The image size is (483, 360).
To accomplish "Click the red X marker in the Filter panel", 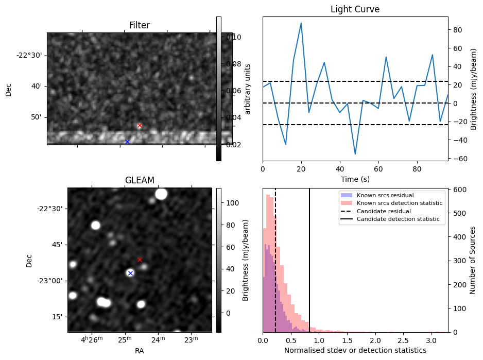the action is pyautogui.click(x=140, y=126).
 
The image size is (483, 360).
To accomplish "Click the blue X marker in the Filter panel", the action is pyautogui.click(x=127, y=142).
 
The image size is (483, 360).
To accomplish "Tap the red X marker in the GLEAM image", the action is pyautogui.click(x=140, y=260).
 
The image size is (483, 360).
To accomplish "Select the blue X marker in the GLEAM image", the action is pyautogui.click(x=130, y=273).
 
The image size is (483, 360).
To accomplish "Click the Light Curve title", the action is pyautogui.click(x=355, y=9).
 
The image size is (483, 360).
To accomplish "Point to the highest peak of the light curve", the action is pyautogui.click(x=301, y=23).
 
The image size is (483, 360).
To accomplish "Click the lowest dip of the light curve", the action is pyautogui.click(x=355, y=154).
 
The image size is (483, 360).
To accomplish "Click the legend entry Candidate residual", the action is pyautogui.click(x=384, y=211).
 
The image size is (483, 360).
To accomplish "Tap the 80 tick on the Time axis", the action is pyautogui.click(x=417, y=169).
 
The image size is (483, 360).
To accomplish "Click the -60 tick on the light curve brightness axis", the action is pyautogui.click(x=457, y=159).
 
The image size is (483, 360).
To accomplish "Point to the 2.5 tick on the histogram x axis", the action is pyautogui.click(x=403, y=340).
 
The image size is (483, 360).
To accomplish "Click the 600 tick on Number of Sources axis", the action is pyautogui.click(x=457, y=189).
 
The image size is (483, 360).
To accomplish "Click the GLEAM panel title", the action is pyautogui.click(x=140, y=180).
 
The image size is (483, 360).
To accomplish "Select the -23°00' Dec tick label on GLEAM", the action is pyautogui.click(x=49, y=281).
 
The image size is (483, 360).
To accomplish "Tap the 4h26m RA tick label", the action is pyautogui.click(x=92, y=340).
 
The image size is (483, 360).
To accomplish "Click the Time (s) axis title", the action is pyautogui.click(x=355, y=179).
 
